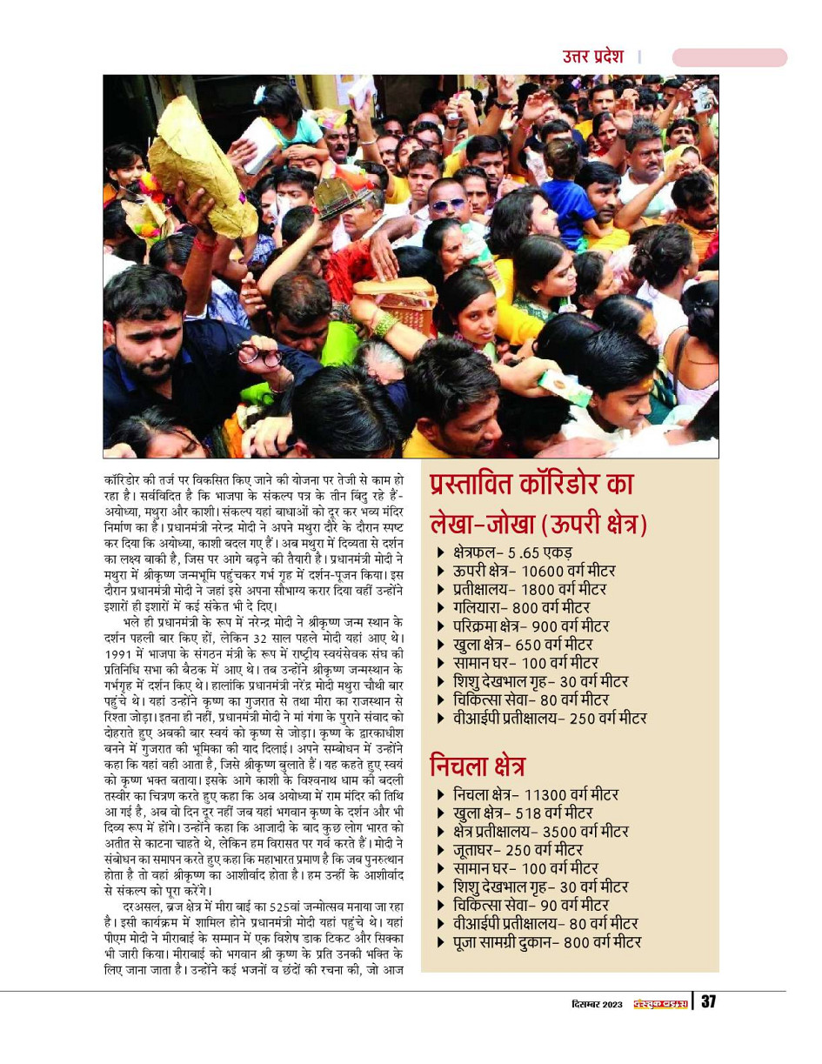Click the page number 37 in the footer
click(x=708, y=1002)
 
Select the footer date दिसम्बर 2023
click(x=591, y=1003)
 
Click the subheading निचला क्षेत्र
click(x=478, y=766)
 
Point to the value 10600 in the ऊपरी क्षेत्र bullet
click(x=545, y=571)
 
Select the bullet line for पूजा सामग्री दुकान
click(x=546, y=941)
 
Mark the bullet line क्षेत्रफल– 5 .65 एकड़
click(x=511, y=552)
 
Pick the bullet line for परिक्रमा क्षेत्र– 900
click(x=531, y=626)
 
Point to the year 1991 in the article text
click(x=120, y=653)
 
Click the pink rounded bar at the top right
click(x=729, y=57)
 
